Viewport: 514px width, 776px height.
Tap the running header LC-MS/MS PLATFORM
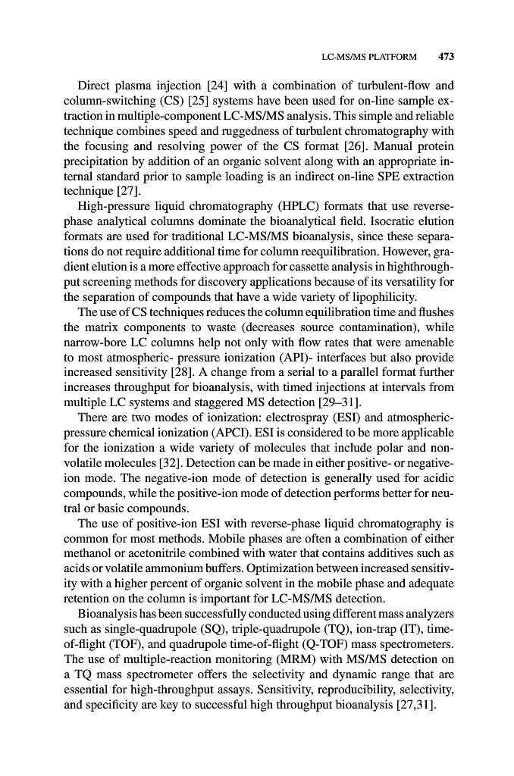(x=369, y=56)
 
